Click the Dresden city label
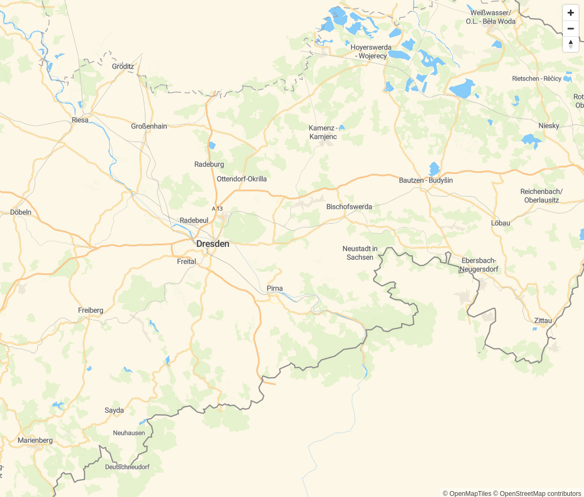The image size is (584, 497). tap(213, 244)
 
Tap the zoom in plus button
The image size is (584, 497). tap(570, 12)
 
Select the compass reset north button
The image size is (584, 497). tap(570, 44)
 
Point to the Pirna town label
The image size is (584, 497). tap(275, 288)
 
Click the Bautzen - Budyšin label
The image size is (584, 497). tap(426, 180)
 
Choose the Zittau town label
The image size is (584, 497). tap(543, 320)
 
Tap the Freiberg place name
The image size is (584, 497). tap(90, 310)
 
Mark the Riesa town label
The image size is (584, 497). tap(80, 120)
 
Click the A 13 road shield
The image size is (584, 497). tap(217, 209)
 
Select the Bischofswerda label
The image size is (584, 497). tap(349, 206)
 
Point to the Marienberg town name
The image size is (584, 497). tap(35, 440)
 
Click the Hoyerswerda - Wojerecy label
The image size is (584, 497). tap(371, 51)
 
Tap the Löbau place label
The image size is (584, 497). tap(500, 223)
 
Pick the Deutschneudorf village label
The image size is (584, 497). tap(127, 467)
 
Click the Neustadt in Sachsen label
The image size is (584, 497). tap(360, 253)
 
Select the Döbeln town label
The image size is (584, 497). tap(21, 212)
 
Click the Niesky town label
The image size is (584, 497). tap(549, 125)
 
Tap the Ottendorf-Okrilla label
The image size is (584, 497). tap(242, 179)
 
